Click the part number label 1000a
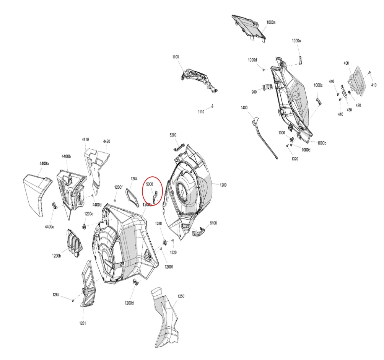271,23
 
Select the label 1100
176,57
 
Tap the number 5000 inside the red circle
150,184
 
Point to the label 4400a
44,164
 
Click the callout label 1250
181,296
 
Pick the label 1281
83,323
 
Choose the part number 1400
244,108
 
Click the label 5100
213,223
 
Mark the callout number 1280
223,185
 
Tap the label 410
374,85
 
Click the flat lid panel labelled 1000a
249,28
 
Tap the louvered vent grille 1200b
74,243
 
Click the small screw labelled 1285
73,300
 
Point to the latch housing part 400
357,80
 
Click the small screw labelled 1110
213,106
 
